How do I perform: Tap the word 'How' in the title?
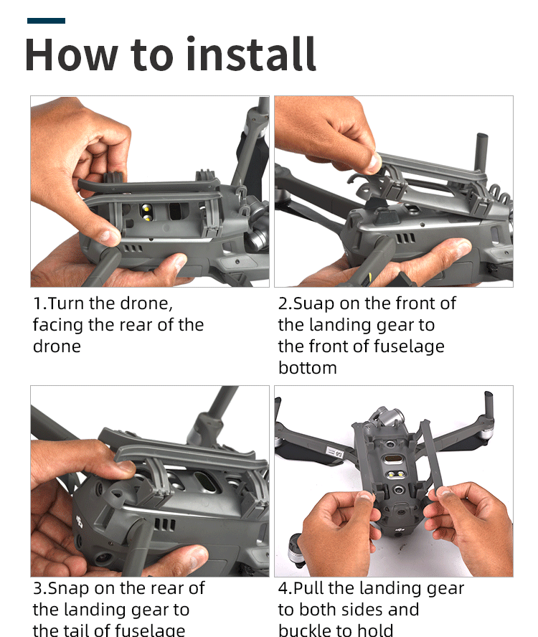tap(71, 55)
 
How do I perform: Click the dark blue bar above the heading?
tap(47, 21)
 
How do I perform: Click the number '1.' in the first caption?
tap(40, 303)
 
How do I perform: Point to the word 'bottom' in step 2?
tap(308, 368)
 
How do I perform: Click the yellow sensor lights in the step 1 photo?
tap(146, 213)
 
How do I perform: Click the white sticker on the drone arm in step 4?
tap(336, 452)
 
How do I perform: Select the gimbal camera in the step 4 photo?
tap(387, 418)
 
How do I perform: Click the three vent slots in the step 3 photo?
tap(165, 524)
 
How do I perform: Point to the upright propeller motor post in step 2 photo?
tap(481, 152)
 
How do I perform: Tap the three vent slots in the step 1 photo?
tap(133, 248)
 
